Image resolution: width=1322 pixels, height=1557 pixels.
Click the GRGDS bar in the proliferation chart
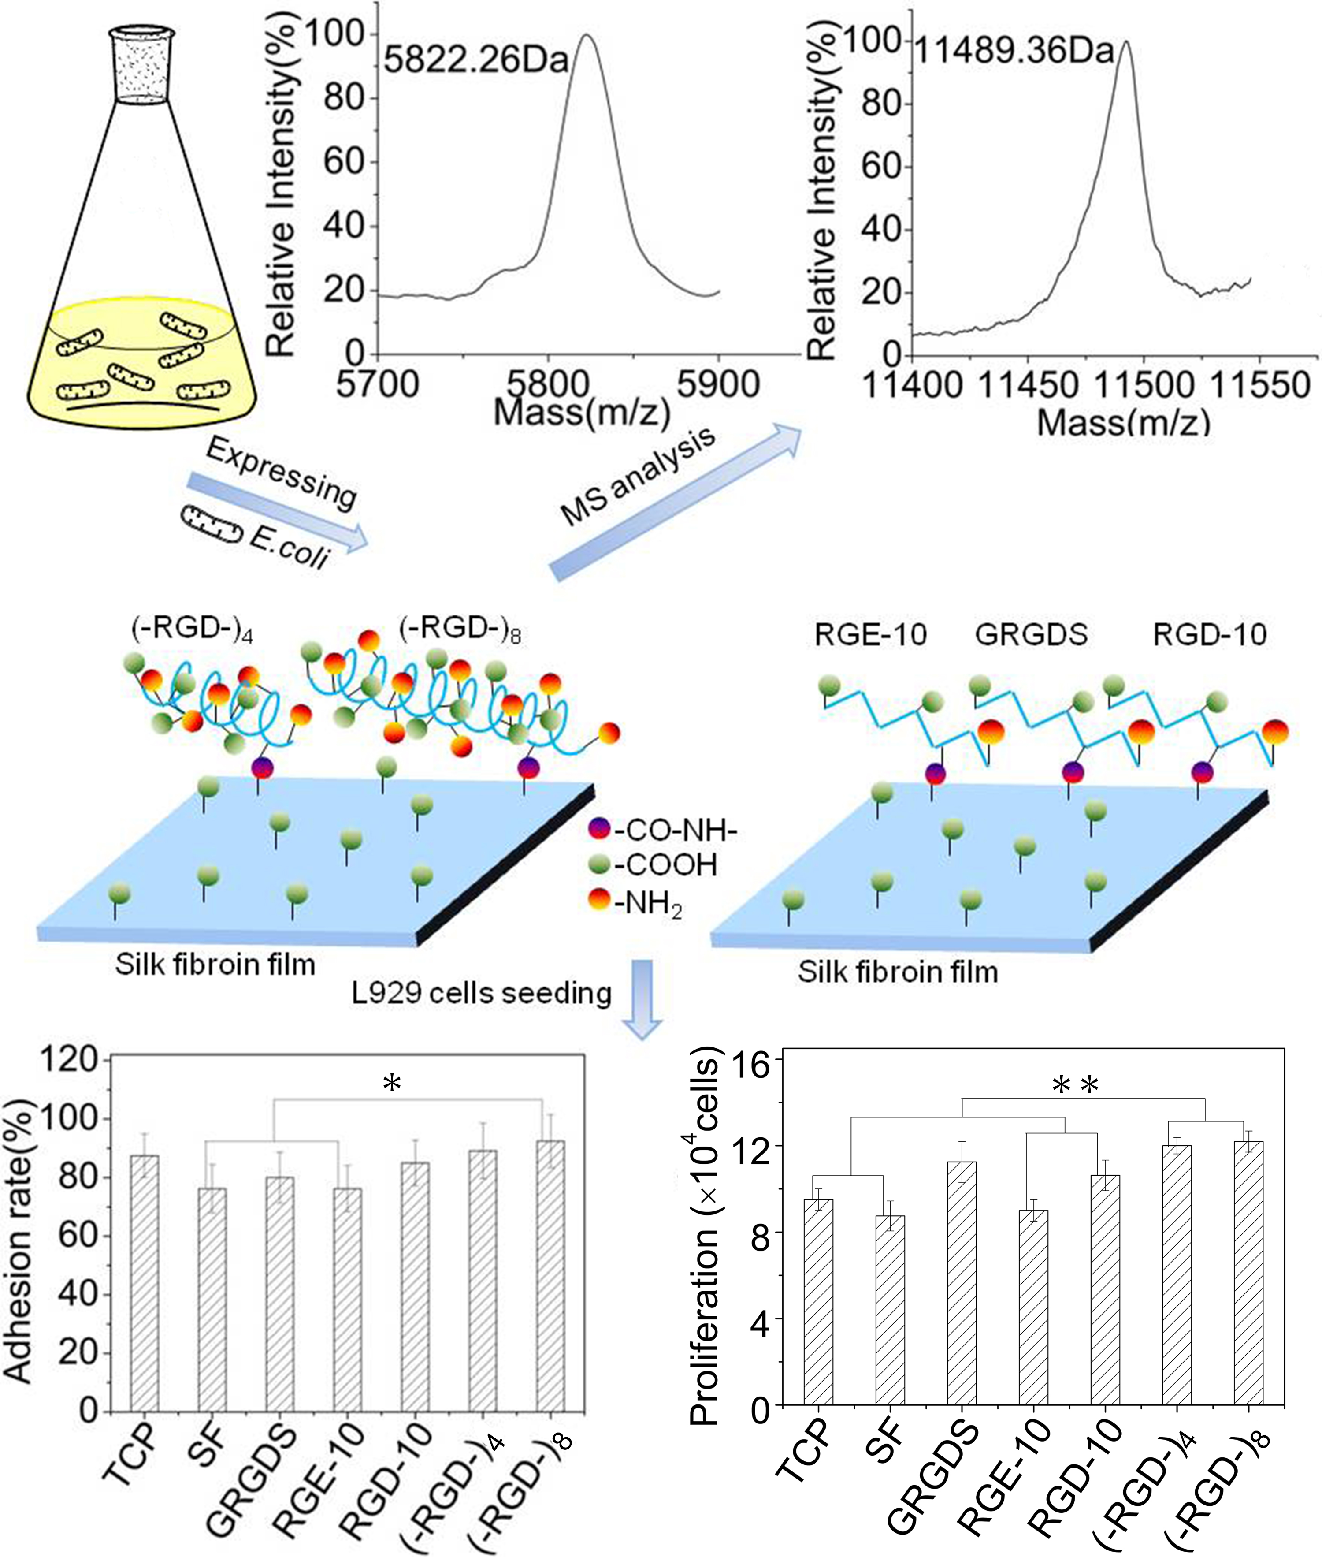(962, 1282)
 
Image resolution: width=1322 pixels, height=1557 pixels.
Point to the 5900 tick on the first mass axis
(717, 384)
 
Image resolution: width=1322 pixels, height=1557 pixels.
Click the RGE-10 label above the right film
(870, 635)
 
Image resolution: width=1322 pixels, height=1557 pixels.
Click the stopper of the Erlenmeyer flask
(142, 64)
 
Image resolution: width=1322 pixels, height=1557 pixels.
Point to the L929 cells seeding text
(481, 993)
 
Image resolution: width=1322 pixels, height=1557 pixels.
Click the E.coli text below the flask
(289, 547)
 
